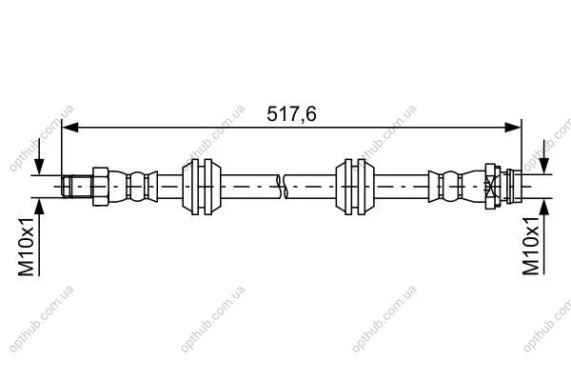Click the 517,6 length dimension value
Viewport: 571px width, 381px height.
click(x=291, y=113)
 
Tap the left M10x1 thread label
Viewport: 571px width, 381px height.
click(x=27, y=246)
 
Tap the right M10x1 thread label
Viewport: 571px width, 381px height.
click(x=531, y=246)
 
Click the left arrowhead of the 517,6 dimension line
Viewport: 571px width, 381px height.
click(x=70, y=128)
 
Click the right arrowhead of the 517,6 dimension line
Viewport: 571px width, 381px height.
click(x=513, y=128)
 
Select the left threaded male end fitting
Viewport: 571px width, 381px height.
click(x=76, y=187)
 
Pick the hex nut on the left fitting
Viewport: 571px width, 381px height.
click(x=101, y=187)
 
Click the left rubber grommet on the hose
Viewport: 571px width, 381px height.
click(x=202, y=187)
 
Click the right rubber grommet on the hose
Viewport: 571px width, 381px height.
click(x=355, y=187)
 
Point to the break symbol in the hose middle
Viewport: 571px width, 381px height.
click(x=282, y=187)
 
